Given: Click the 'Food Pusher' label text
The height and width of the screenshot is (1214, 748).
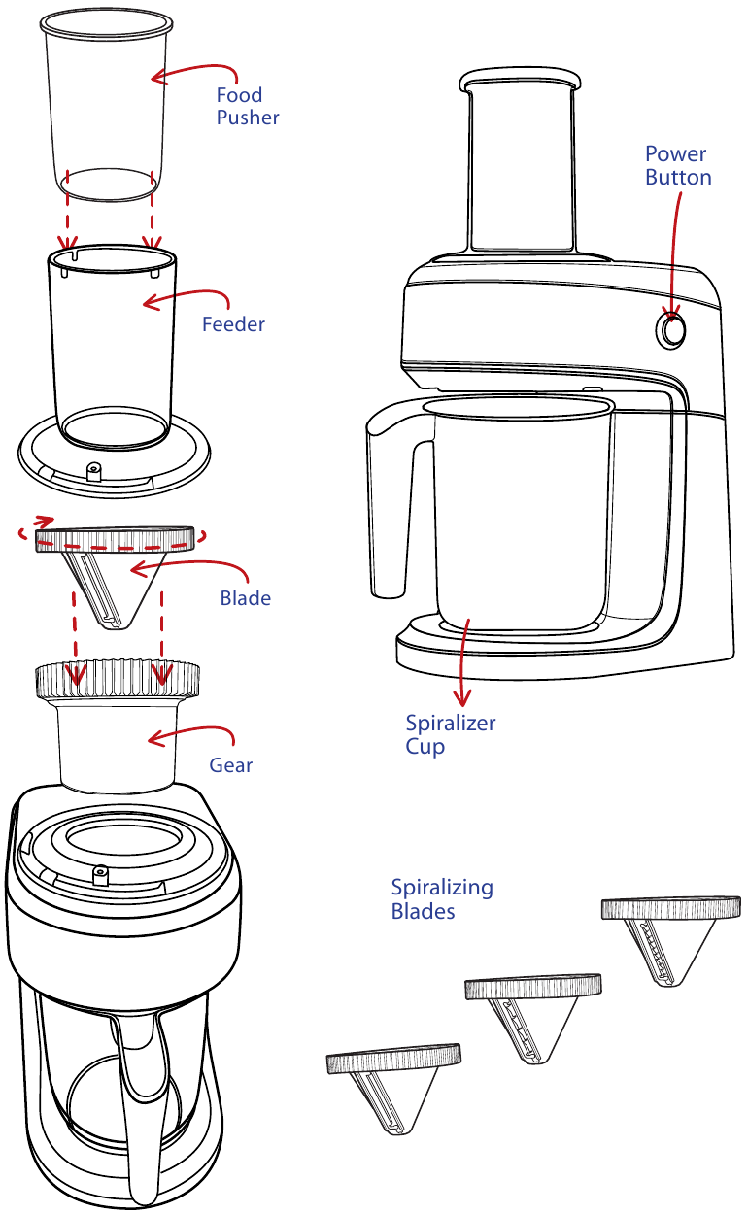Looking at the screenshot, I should click(x=247, y=106).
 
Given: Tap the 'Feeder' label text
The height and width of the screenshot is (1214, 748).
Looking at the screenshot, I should click(x=233, y=324).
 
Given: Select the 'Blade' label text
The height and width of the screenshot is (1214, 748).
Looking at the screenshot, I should click(x=245, y=598).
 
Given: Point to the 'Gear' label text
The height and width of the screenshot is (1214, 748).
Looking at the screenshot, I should click(x=231, y=765).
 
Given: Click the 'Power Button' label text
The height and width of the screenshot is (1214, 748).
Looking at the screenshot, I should click(x=678, y=166).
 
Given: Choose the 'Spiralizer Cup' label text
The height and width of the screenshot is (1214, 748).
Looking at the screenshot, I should click(x=450, y=735).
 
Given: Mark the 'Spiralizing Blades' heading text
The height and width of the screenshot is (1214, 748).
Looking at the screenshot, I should click(x=442, y=899).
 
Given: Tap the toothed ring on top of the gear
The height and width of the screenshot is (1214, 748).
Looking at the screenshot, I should click(x=119, y=678).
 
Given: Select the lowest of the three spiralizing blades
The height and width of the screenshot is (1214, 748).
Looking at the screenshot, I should click(x=393, y=1083).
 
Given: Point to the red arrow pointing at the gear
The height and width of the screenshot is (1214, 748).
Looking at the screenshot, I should click(x=190, y=735).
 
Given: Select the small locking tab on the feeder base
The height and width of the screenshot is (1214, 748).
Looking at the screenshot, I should click(x=94, y=471).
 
